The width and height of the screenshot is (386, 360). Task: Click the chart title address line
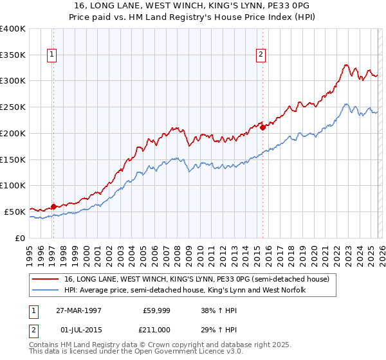193,6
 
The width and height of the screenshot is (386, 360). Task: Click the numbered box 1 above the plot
52,55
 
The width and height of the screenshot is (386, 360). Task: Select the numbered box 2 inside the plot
261,55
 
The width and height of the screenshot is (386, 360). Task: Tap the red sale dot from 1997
53,206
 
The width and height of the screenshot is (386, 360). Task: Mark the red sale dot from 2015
263,127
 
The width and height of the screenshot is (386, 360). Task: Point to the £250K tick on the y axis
13,107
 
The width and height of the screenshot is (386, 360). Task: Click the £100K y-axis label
13,185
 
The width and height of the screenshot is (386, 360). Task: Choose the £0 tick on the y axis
19,238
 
